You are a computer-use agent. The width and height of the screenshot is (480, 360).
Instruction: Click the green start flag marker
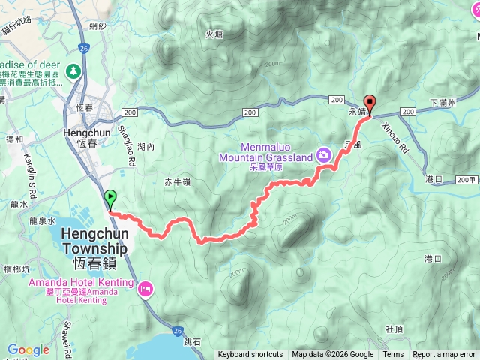point(111,199)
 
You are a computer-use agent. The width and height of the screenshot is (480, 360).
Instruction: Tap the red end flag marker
point(369,103)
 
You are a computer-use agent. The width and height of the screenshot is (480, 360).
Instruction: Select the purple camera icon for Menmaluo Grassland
point(324,154)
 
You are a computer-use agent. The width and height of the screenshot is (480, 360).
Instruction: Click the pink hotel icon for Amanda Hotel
point(145,286)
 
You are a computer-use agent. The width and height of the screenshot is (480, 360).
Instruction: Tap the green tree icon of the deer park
point(73,71)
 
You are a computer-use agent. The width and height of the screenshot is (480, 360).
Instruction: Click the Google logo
point(28,349)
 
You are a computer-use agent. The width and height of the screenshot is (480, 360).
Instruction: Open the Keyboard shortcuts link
point(250,355)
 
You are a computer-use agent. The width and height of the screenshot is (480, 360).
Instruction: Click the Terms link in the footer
point(393,355)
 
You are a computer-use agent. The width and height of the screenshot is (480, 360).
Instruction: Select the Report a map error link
point(444,355)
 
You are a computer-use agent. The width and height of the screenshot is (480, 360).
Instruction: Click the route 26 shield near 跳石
point(177,330)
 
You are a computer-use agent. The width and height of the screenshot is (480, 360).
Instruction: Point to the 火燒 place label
point(214,34)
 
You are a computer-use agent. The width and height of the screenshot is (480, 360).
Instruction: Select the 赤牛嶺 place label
point(178,182)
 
